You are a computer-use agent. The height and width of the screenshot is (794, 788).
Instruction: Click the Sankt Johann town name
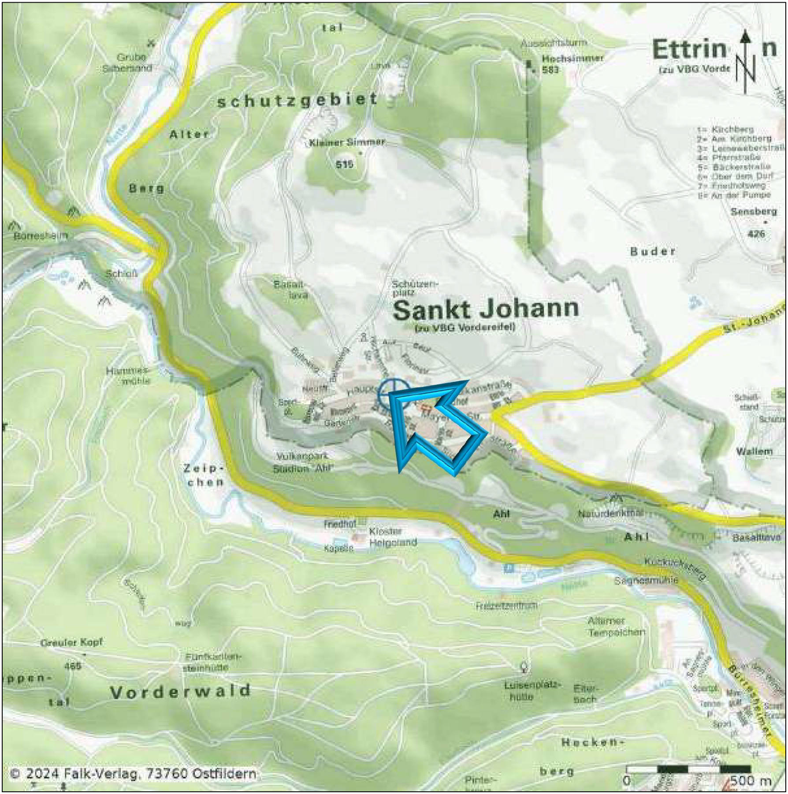click(x=485, y=310)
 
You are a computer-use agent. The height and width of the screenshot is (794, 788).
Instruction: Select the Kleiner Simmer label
click(x=347, y=143)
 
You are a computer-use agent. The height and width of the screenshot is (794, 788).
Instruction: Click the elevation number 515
click(x=344, y=164)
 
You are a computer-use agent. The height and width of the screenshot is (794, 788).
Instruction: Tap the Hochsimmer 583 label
click(x=572, y=64)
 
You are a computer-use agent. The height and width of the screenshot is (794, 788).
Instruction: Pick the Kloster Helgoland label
click(x=392, y=537)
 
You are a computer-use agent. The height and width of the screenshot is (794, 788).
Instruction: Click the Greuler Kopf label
click(x=71, y=643)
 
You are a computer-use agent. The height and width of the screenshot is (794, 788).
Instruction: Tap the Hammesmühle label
click(x=128, y=376)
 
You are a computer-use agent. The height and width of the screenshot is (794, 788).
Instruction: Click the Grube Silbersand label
click(x=128, y=63)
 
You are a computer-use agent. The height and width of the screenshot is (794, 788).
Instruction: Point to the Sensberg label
click(x=754, y=212)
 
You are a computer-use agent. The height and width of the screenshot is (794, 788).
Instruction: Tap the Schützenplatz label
click(x=414, y=288)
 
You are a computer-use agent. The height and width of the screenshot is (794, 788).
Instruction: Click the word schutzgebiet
click(x=297, y=101)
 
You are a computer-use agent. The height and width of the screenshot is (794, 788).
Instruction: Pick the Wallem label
click(x=754, y=451)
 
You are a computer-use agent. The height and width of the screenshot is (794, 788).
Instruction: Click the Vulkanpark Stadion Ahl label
click(x=302, y=462)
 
